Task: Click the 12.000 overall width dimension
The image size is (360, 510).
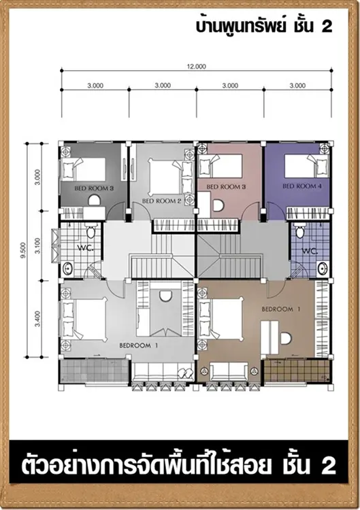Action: [196, 67]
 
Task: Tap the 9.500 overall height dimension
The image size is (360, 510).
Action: [22, 250]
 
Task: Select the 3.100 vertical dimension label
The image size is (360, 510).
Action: [37, 246]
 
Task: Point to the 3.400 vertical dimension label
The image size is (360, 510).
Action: [37, 319]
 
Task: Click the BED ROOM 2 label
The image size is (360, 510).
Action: [161, 201]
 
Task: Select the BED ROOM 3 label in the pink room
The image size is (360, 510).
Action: [226, 187]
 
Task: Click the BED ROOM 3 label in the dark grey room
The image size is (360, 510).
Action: [94, 188]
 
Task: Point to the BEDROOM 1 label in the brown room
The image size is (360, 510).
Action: [281, 309]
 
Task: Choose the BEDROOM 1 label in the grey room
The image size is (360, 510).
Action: [139, 345]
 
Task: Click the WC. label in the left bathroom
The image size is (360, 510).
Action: [85, 248]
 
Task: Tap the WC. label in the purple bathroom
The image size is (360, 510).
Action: [309, 252]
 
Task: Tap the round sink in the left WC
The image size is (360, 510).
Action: [68, 269]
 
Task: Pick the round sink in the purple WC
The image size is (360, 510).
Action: [323, 269]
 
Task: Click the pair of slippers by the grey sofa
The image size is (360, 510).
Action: [185, 372]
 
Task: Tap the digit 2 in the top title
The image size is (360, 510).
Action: [327, 27]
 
